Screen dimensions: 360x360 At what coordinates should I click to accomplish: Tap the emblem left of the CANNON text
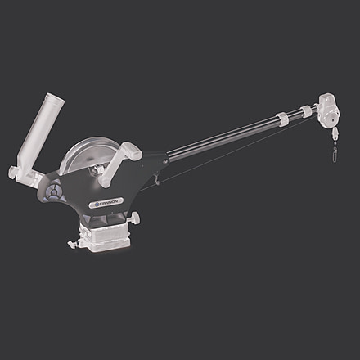click(96, 200)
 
